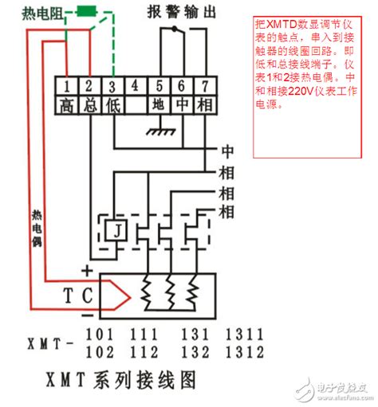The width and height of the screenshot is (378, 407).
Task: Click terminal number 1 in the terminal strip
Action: point(69,85)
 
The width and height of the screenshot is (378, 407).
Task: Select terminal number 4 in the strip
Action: point(136,85)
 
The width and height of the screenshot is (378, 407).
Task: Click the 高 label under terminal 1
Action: point(69,104)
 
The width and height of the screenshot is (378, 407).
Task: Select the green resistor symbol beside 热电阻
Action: point(85,13)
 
